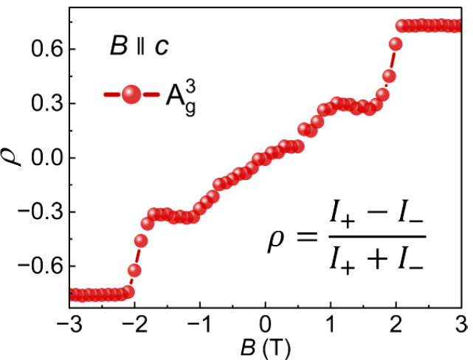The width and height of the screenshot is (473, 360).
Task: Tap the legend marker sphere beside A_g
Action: click(131, 95)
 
